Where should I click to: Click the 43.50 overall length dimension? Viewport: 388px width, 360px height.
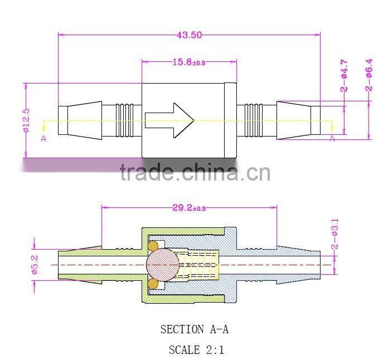(189, 35)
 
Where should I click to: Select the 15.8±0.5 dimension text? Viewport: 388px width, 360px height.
(188, 62)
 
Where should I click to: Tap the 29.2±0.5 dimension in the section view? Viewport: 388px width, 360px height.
(189, 208)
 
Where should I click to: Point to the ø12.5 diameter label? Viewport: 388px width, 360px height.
(26, 120)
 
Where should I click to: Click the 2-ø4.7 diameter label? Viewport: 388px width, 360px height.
(345, 77)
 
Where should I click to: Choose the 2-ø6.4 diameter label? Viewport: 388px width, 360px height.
(368, 75)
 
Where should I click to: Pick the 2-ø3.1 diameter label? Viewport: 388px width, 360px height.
(334, 234)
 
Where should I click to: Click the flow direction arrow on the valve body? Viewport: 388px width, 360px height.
(169, 120)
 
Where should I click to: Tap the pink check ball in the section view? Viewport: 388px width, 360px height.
(163, 265)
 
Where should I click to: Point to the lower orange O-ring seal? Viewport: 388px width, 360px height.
(152, 284)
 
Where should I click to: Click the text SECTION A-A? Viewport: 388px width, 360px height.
(194, 329)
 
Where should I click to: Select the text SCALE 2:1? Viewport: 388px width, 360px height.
(196, 350)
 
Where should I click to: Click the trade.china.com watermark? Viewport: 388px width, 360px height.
(195, 173)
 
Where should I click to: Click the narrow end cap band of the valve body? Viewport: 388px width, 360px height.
(230, 120)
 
